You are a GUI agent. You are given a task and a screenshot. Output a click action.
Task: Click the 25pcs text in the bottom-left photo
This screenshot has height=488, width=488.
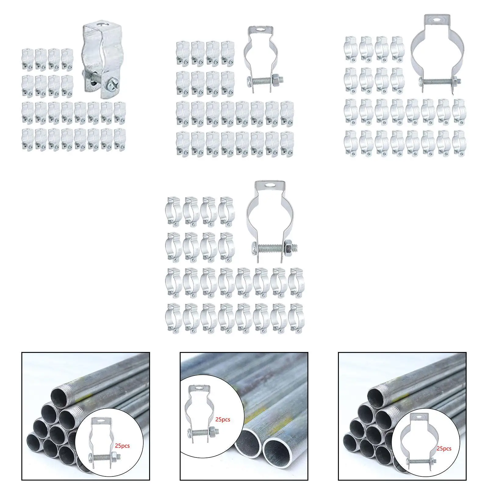[122, 446]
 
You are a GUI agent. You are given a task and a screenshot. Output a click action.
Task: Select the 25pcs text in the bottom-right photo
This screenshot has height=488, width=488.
[444, 449]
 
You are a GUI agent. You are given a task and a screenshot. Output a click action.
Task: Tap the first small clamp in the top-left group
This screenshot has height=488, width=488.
[27, 56]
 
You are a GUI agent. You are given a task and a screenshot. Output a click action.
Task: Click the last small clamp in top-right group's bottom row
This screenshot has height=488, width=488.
[459, 143]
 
